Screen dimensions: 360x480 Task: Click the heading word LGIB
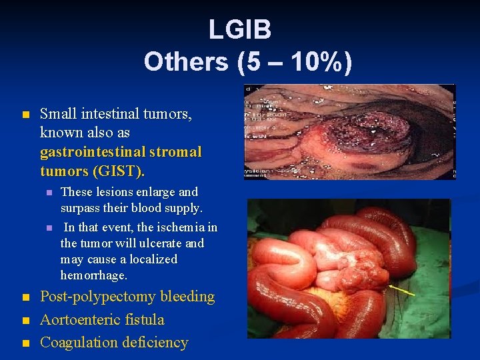click(239, 30)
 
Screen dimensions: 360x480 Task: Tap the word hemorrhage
click(93, 275)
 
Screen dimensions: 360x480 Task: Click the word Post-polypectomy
click(99, 297)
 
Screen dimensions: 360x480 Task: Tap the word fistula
click(146, 320)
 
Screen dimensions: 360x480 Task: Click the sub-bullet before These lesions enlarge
click(49, 193)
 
